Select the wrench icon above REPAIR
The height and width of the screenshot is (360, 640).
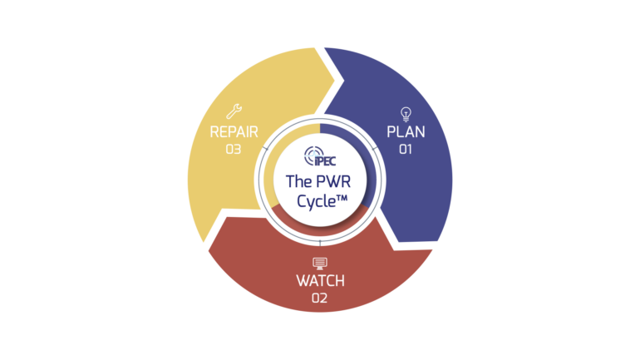click(x=234, y=111)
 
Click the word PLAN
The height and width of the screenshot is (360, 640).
click(x=406, y=133)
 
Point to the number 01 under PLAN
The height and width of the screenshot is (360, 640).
click(x=406, y=150)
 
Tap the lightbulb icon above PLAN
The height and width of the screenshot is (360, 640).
click(x=406, y=113)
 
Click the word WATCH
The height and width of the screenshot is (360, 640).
click(x=320, y=281)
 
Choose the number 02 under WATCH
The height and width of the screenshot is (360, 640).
click(x=320, y=298)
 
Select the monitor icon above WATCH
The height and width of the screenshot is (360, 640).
click(x=320, y=263)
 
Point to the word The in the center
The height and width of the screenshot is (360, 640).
click(x=298, y=180)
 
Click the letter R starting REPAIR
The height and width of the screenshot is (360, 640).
click(x=214, y=132)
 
